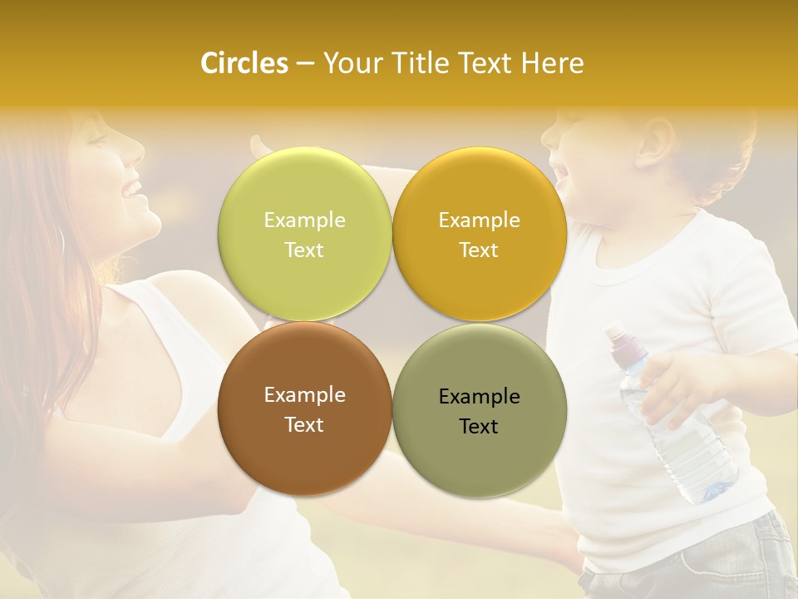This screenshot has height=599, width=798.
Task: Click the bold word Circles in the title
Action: [244, 63]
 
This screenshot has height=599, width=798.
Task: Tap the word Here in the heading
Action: [552, 63]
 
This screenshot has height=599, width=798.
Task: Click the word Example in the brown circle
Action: [304, 395]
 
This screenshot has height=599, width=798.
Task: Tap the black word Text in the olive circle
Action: [479, 427]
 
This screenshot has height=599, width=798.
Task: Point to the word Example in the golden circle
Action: [479, 220]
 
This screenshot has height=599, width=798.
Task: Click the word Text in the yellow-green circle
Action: [304, 250]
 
